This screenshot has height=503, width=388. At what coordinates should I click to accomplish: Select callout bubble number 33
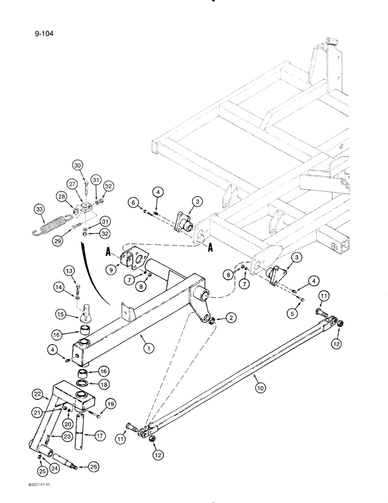tap(39, 210)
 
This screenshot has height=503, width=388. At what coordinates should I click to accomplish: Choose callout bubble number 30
tap(77, 165)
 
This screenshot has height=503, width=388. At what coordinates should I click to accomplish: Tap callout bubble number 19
tap(111, 403)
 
